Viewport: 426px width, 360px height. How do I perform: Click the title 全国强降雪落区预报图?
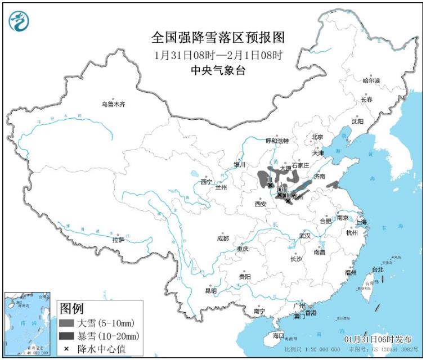coord(218,38)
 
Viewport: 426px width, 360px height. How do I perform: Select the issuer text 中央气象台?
coord(218,70)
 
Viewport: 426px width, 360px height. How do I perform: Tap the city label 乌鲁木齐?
coord(113,104)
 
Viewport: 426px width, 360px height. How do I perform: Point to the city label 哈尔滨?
coord(371,81)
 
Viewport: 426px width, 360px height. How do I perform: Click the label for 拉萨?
coord(118,240)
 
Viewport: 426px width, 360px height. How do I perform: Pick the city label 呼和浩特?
coord(277,141)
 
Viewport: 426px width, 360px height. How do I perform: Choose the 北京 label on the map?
coord(317,137)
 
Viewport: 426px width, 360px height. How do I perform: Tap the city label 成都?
coord(223,238)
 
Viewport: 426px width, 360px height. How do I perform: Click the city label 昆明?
coord(210,291)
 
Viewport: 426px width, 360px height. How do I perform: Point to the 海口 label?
coord(278,335)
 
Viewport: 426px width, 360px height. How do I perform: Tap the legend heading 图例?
coord(71,309)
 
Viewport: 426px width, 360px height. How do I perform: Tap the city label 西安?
coord(260,204)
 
